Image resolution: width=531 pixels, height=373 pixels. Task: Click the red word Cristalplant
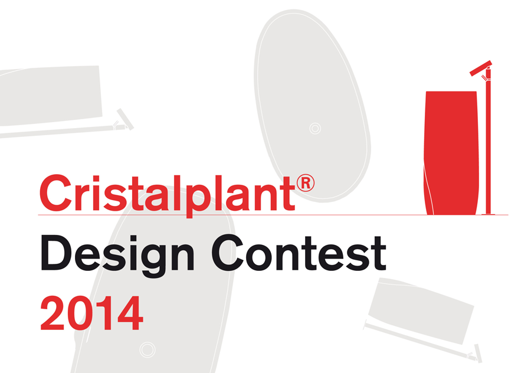(168, 195)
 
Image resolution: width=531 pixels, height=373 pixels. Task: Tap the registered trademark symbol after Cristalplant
(306, 183)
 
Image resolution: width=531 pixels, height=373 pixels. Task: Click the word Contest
(299, 253)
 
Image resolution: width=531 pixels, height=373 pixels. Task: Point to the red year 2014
(92, 313)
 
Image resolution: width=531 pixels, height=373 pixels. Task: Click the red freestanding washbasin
(451, 152)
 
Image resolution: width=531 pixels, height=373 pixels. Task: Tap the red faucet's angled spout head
(481, 68)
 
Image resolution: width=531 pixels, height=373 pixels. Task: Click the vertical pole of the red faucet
(489, 142)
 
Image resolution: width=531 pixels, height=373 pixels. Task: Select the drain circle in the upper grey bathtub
(315, 129)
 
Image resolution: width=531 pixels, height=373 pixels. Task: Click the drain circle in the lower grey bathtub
(147, 349)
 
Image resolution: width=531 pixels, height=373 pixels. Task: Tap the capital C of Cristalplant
(56, 193)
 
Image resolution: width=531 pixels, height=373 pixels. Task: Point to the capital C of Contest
(228, 253)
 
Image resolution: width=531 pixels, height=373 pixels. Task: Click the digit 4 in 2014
(130, 313)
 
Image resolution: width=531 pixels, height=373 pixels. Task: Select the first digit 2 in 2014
(53, 313)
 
